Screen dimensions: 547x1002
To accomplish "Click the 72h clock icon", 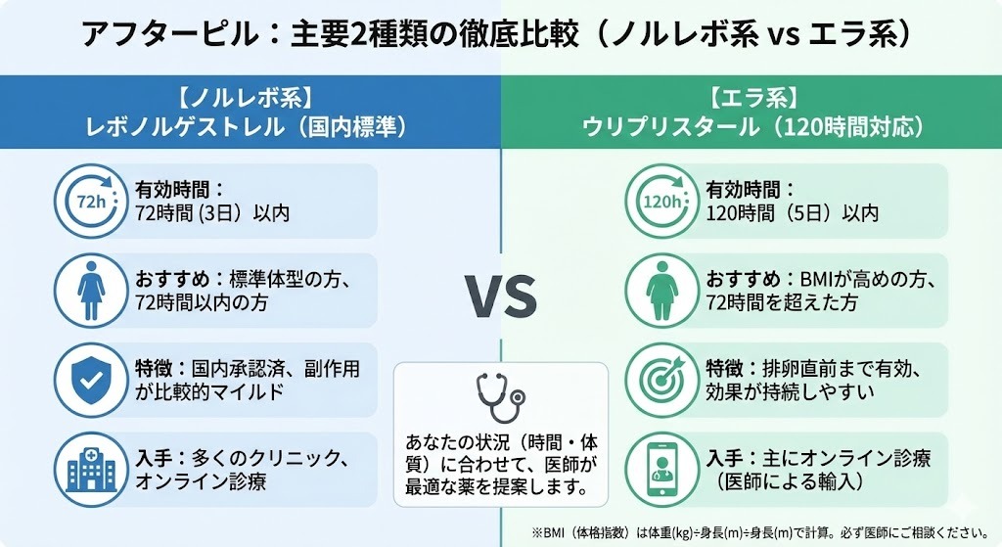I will pyautogui.click(x=84, y=201).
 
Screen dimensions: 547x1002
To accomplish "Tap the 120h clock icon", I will pyautogui.click(x=657, y=201).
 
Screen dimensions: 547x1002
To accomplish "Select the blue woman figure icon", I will pyautogui.click(x=84, y=290).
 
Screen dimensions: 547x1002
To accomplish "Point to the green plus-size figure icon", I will pyautogui.click(x=657, y=290).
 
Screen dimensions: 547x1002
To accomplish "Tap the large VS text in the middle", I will pyautogui.click(x=500, y=297).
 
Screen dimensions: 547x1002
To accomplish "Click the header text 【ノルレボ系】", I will pyautogui.click(x=250, y=99).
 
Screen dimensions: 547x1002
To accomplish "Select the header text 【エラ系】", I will pyautogui.click(x=751, y=99).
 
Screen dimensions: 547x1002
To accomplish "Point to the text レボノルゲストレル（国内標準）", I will pyautogui.click(x=250, y=128).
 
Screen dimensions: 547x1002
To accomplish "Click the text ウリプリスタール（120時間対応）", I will pyautogui.click(x=751, y=128).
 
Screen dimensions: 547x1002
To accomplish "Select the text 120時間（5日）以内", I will pyautogui.click(x=792, y=212).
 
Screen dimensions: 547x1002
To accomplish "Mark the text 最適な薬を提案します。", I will pyautogui.click(x=500, y=486).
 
